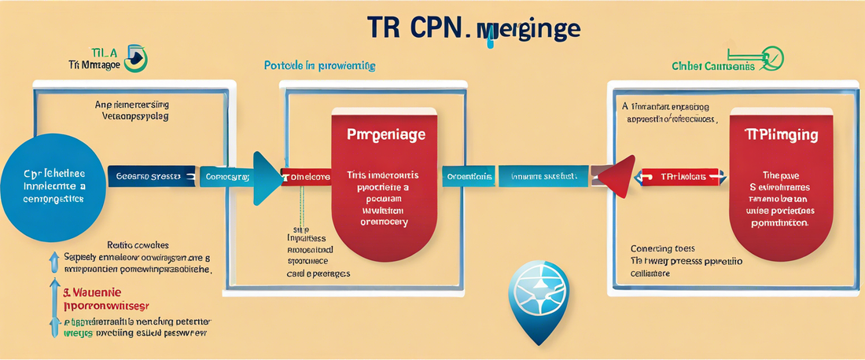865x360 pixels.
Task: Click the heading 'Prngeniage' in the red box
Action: [x=386, y=135]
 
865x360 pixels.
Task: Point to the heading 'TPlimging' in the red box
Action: [x=781, y=136]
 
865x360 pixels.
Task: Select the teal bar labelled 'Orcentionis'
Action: [x=469, y=177]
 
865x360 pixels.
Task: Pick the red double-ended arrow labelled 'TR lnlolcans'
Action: [x=680, y=177]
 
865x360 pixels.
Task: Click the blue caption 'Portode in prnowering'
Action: [x=319, y=65]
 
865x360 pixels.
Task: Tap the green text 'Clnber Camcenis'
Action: [x=713, y=67]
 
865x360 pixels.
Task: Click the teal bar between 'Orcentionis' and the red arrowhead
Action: [x=544, y=177]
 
